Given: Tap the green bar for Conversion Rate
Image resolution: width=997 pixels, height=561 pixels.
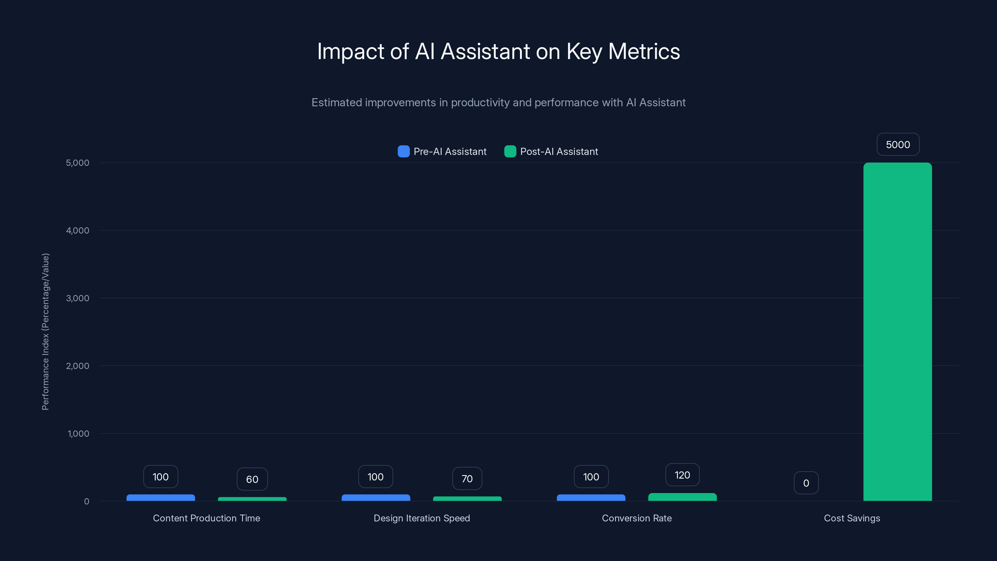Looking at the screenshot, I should (x=682, y=497).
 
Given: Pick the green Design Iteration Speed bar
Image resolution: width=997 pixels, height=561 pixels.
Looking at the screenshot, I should (x=467, y=499).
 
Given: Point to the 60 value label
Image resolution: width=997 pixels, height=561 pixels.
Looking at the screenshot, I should (x=252, y=479).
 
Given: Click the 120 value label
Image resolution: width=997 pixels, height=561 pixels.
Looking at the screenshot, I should (x=682, y=475).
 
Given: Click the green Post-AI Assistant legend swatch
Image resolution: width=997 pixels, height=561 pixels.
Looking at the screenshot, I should (x=510, y=151).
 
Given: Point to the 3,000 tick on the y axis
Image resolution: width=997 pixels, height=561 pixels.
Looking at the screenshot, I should (x=77, y=298).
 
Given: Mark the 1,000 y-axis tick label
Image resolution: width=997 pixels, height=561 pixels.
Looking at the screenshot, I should (x=78, y=434).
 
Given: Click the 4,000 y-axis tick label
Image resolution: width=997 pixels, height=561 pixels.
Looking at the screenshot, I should (x=77, y=230).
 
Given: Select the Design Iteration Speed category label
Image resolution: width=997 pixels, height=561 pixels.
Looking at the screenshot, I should (x=422, y=518).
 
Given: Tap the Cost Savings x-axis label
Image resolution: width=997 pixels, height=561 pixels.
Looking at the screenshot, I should (x=852, y=518).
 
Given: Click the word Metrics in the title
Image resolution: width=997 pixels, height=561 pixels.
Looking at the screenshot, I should (x=644, y=51).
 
